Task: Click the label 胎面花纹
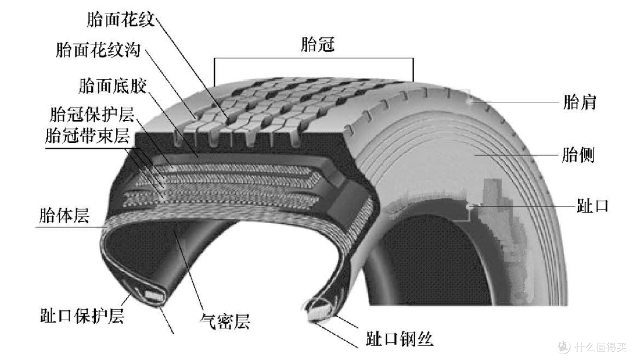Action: [121, 19]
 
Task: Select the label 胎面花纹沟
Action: [98, 50]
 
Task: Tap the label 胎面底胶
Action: [112, 85]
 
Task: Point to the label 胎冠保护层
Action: [92, 114]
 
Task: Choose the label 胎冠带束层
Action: [87, 135]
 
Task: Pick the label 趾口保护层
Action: [82, 315]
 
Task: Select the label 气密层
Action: [225, 321]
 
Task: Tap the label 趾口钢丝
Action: [400, 338]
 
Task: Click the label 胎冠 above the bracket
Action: [318, 44]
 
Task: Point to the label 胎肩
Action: [579, 102]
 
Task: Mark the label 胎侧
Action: [578, 155]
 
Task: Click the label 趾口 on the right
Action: [592, 205]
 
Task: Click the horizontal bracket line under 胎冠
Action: [314, 59]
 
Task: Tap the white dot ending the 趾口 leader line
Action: [468, 206]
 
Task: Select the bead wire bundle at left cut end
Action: [154, 296]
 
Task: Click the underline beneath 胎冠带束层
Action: [92, 148]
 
